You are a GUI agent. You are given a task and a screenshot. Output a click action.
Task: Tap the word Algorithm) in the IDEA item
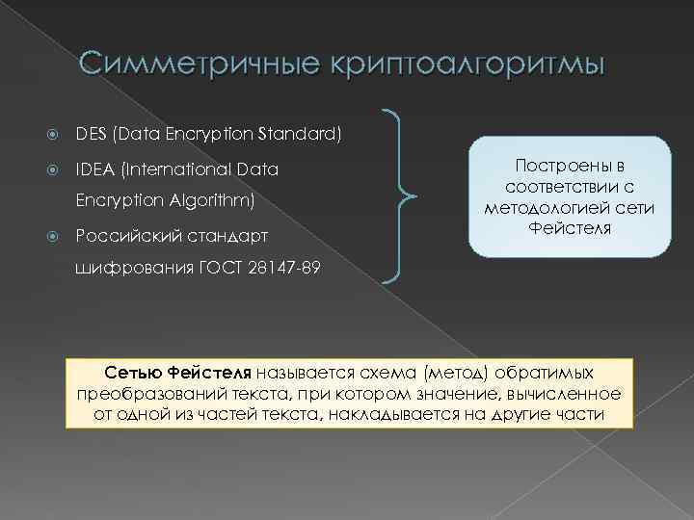[x=216, y=202]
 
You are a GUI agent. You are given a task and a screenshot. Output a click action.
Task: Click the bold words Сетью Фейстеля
[x=177, y=372]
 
